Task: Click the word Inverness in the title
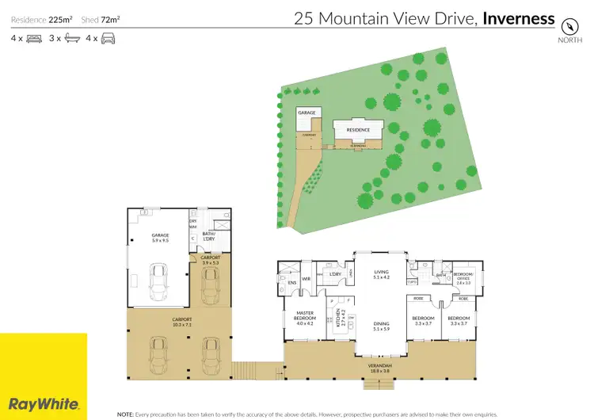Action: [519, 18]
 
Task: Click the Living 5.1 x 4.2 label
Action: [380, 275]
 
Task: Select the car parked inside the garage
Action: [159, 280]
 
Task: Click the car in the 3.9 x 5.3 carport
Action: [210, 286]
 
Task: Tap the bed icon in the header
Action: [34, 37]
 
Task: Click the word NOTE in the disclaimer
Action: [125, 414]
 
